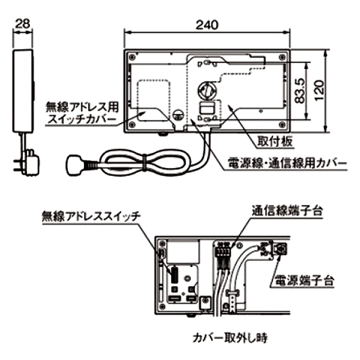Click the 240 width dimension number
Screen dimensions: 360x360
tap(207, 25)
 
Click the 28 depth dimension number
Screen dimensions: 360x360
tap(22, 23)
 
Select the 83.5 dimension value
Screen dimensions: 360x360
tap(300, 90)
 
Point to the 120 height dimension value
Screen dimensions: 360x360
tap(319, 90)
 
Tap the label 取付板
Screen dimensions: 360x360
tap(275, 141)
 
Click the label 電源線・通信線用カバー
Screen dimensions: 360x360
tap(287, 163)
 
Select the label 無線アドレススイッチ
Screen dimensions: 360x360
tap(91, 216)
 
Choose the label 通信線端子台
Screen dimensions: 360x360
tap(287, 210)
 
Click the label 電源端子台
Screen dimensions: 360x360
tap(304, 280)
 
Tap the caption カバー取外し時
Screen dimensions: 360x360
tap(230, 337)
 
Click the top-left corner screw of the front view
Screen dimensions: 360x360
tap(132, 56)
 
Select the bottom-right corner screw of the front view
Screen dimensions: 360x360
tap(282, 124)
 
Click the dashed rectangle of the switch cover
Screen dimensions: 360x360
tap(154, 100)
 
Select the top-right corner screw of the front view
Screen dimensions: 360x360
tap(282, 56)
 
